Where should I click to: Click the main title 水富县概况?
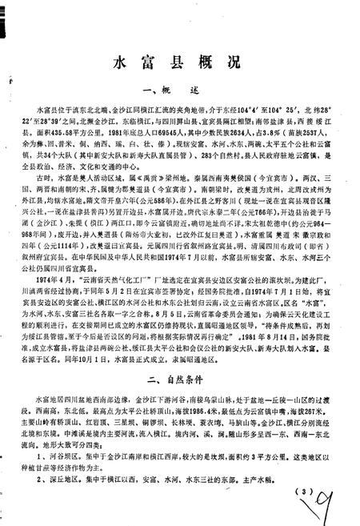tap(178, 62)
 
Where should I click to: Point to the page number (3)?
tap(302, 491)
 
